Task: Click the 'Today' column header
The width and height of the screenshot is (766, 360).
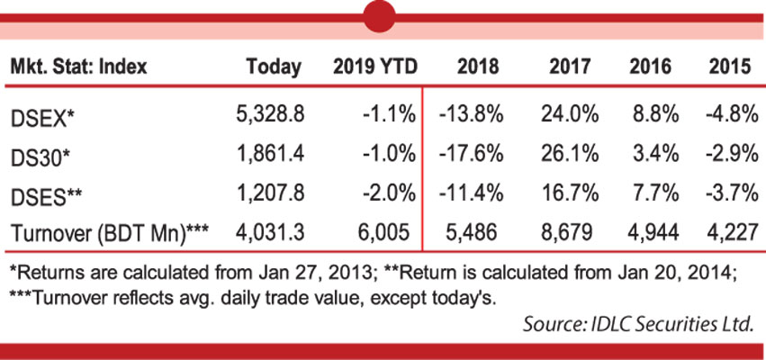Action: (x=274, y=67)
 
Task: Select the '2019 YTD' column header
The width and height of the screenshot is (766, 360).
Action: (x=372, y=67)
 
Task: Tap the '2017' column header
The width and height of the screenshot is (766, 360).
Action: (x=567, y=67)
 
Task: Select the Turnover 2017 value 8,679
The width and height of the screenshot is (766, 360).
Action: (x=566, y=232)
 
